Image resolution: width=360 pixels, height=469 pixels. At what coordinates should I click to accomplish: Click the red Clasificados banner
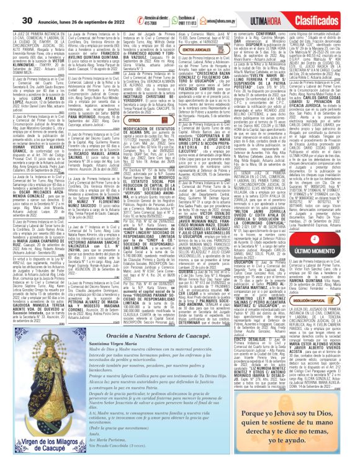click(333, 7)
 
